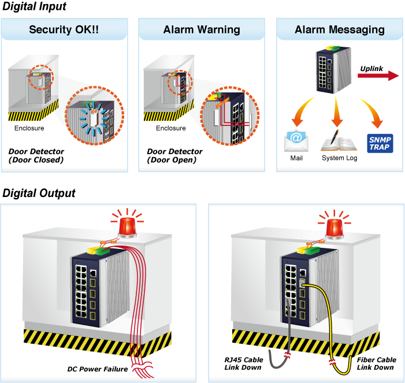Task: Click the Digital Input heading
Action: [34, 7]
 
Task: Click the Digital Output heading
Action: [39, 193]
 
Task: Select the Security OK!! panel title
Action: [64, 29]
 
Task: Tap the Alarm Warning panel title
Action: [202, 29]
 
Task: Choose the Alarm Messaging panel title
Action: [340, 29]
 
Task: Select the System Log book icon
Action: [339, 140]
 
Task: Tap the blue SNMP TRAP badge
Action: [380, 143]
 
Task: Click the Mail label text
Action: [296, 158]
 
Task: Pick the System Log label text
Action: [340, 158]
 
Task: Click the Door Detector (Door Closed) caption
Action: [36, 155]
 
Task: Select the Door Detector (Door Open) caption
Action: [174, 155]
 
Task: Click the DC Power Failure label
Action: [98, 369]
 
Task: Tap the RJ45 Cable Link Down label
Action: [244, 363]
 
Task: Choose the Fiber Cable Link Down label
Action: [377, 363]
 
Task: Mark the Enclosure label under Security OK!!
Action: [29, 128]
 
